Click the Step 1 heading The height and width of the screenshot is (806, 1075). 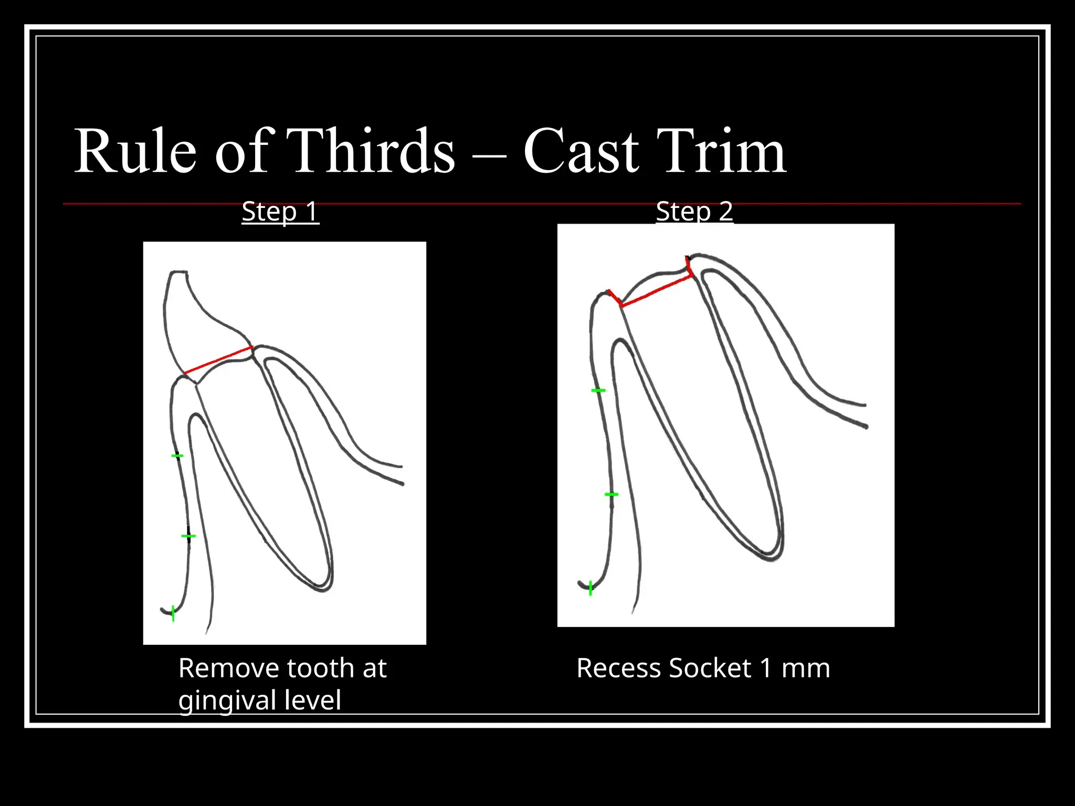[280, 211]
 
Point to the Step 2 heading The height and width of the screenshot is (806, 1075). [694, 211]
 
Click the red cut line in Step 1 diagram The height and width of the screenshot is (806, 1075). [218, 360]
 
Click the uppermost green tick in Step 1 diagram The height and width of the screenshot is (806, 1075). [177, 456]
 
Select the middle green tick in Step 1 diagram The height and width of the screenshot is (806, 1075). [188, 536]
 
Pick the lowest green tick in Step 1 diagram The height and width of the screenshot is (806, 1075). [173, 613]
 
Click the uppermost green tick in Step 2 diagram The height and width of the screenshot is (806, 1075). [598, 390]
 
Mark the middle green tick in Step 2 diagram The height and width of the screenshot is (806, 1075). [612, 494]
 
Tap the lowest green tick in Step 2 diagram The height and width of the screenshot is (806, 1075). [591, 588]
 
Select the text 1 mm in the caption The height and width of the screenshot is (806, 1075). [795, 669]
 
